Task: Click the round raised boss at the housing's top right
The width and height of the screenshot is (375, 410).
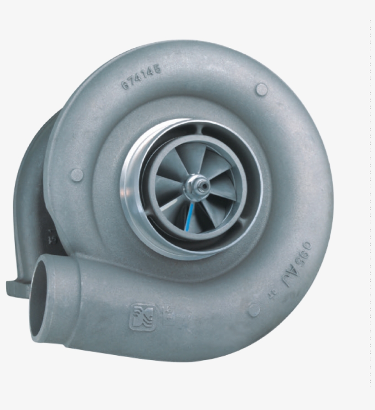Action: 261,89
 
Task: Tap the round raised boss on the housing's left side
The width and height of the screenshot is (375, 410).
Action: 77,174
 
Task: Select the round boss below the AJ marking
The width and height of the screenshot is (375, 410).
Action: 254,310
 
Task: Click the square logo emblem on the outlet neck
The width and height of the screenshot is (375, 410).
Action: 142,316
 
